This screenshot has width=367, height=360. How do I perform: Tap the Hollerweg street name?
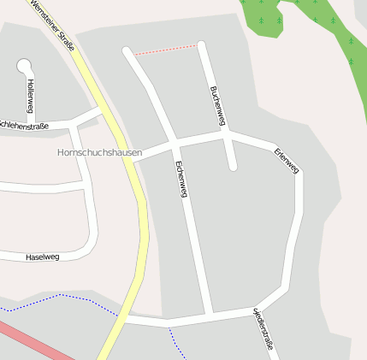coord(31,96)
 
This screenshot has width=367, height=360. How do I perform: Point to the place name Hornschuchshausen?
coord(93,153)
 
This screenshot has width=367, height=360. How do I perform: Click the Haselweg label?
coord(42,257)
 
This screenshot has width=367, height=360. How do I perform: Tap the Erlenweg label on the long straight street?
coord(181,180)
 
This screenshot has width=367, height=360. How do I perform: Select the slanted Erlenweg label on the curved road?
coord(287,162)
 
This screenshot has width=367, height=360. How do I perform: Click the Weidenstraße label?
coord(263,328)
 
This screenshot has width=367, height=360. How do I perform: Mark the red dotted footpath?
coord(167,50)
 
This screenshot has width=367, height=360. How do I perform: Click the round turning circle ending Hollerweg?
coord(24,64)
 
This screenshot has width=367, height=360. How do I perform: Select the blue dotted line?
coord(68,297)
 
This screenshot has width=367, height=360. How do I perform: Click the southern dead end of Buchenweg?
coord(232,166)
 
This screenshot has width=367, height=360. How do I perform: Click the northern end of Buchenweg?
coord(202,45)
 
